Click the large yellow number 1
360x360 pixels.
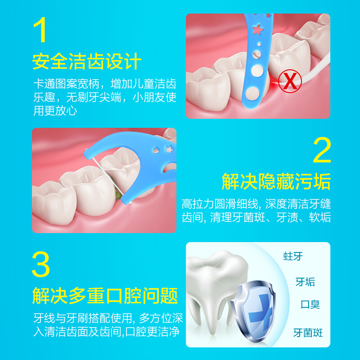pos(40,30)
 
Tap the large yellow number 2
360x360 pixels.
pos(322,150)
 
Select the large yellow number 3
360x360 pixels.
pos(41,264)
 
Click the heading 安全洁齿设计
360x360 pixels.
pos(86,62)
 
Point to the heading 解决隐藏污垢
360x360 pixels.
pos(276,182)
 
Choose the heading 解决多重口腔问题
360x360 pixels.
pos(105,296)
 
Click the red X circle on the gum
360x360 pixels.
pos(290,81)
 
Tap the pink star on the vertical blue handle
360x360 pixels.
pos(257,30)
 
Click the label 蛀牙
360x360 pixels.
pos(293,256)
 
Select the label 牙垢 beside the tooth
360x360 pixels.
pos(305,282)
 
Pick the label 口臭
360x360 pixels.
pos(310,305)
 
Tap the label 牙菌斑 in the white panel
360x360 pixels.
pos(308,333)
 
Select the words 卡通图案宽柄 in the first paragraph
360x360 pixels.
pos(66,84)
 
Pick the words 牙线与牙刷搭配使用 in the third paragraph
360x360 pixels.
pos(83,318)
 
